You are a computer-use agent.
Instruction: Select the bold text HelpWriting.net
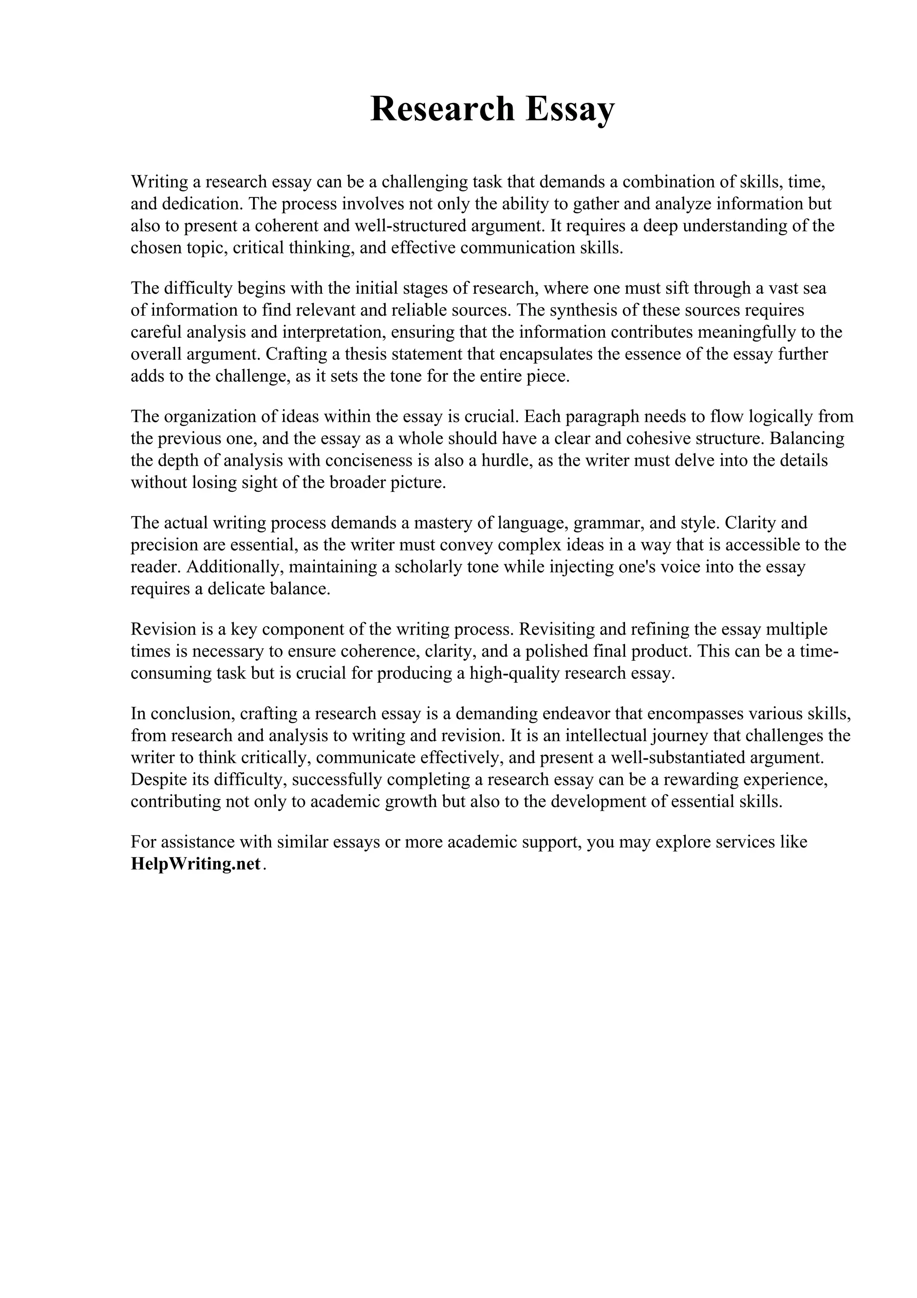click(196, 864)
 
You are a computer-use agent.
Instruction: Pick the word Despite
click(157, 780)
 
